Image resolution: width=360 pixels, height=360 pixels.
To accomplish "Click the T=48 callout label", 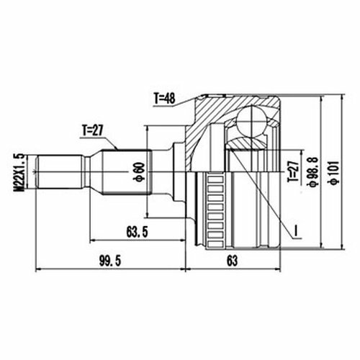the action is (165, 98).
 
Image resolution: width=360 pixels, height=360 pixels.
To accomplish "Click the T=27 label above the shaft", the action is (92, 131).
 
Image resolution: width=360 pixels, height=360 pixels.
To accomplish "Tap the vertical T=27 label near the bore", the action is (293, 171).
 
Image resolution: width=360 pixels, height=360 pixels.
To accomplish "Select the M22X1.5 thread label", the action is (22, 172).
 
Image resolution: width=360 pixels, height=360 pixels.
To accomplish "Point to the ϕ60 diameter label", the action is (140, 171).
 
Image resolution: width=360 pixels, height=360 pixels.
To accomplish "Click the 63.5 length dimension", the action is (137, 232).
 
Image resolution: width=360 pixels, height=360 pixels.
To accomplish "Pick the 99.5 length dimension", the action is (110, 261).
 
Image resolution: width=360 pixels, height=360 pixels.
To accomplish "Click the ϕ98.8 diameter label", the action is (314, 171).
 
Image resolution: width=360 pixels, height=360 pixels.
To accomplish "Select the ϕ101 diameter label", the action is (335, 172).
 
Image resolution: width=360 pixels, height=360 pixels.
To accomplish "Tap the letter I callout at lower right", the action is (296, 230).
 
